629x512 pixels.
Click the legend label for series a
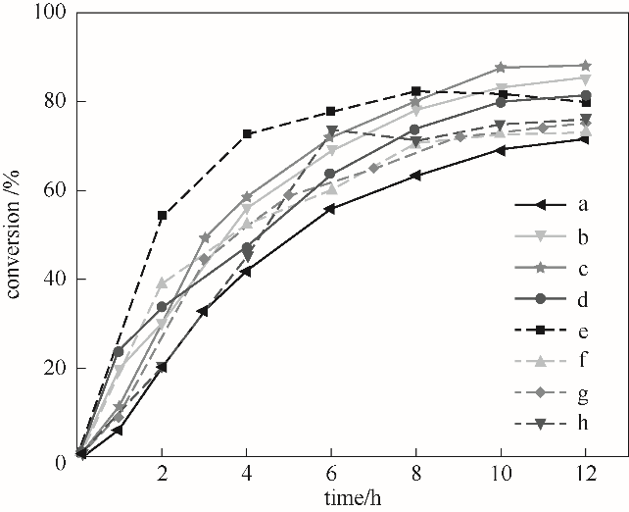[582, 205]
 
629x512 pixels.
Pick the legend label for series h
[582, 423]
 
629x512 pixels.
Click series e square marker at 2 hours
[163, 215]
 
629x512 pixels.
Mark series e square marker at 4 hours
[247, 133]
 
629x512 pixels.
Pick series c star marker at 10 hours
[501, 67]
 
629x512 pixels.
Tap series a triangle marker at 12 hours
[585, 139]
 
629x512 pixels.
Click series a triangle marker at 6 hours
[331, 209]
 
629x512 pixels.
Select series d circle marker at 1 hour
[120, 351]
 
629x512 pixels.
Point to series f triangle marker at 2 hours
[163, 282]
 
